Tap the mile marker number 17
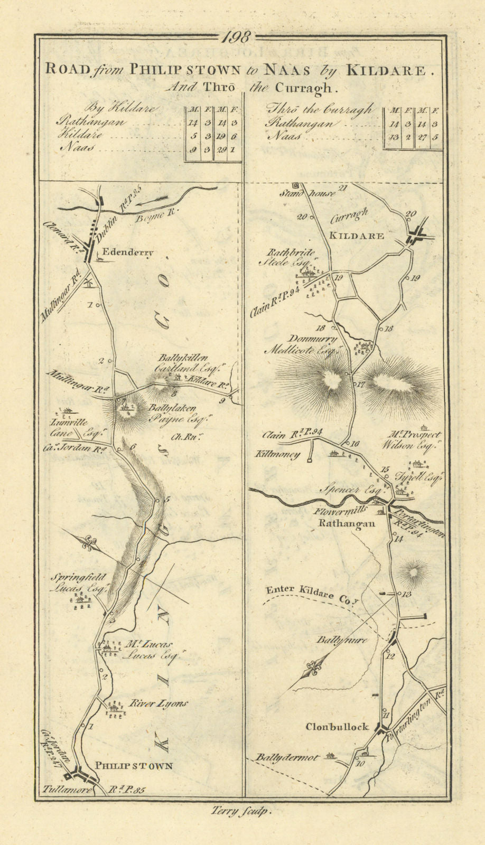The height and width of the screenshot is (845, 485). (x=362, y=384)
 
